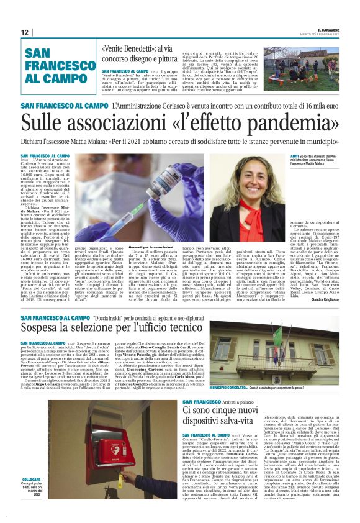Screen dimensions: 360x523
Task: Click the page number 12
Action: click(x=25, y=32)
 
